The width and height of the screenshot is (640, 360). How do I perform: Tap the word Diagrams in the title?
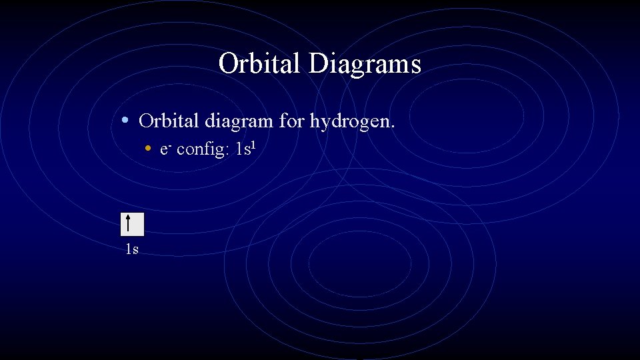point(365,65)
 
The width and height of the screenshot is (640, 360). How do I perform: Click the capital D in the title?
point(318,65)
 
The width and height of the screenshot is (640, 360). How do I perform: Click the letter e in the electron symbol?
point(164,150)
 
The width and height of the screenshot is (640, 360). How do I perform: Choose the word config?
point(202,149)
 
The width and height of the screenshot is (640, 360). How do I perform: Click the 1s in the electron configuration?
point(243,149)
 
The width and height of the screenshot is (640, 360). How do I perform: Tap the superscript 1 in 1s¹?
point(253,143)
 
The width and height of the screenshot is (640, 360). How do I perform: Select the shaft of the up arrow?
point(127,227)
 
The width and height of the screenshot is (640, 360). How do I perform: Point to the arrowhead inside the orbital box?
point(127,217)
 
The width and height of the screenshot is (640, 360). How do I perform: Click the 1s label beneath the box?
point(132,250)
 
